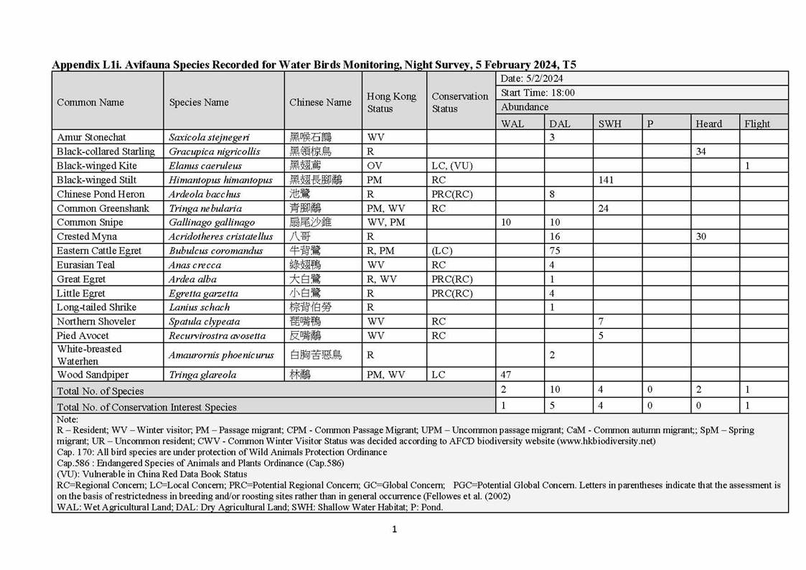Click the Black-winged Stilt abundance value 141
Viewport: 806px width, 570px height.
606,180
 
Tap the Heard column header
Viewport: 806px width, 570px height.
708,123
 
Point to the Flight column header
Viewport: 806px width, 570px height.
756,123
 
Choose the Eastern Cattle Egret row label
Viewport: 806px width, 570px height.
99,251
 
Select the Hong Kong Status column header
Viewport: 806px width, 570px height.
391,102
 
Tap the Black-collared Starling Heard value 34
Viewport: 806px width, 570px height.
701,151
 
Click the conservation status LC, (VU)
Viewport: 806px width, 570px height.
450,166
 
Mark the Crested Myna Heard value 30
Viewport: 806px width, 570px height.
701,236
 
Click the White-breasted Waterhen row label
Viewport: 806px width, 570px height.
90,355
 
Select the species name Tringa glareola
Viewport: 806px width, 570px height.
202,375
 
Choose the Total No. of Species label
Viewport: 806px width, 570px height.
100,391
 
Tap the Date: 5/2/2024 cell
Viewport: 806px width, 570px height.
532,78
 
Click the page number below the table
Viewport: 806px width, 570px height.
394,530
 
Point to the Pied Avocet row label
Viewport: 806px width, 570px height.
83,335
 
